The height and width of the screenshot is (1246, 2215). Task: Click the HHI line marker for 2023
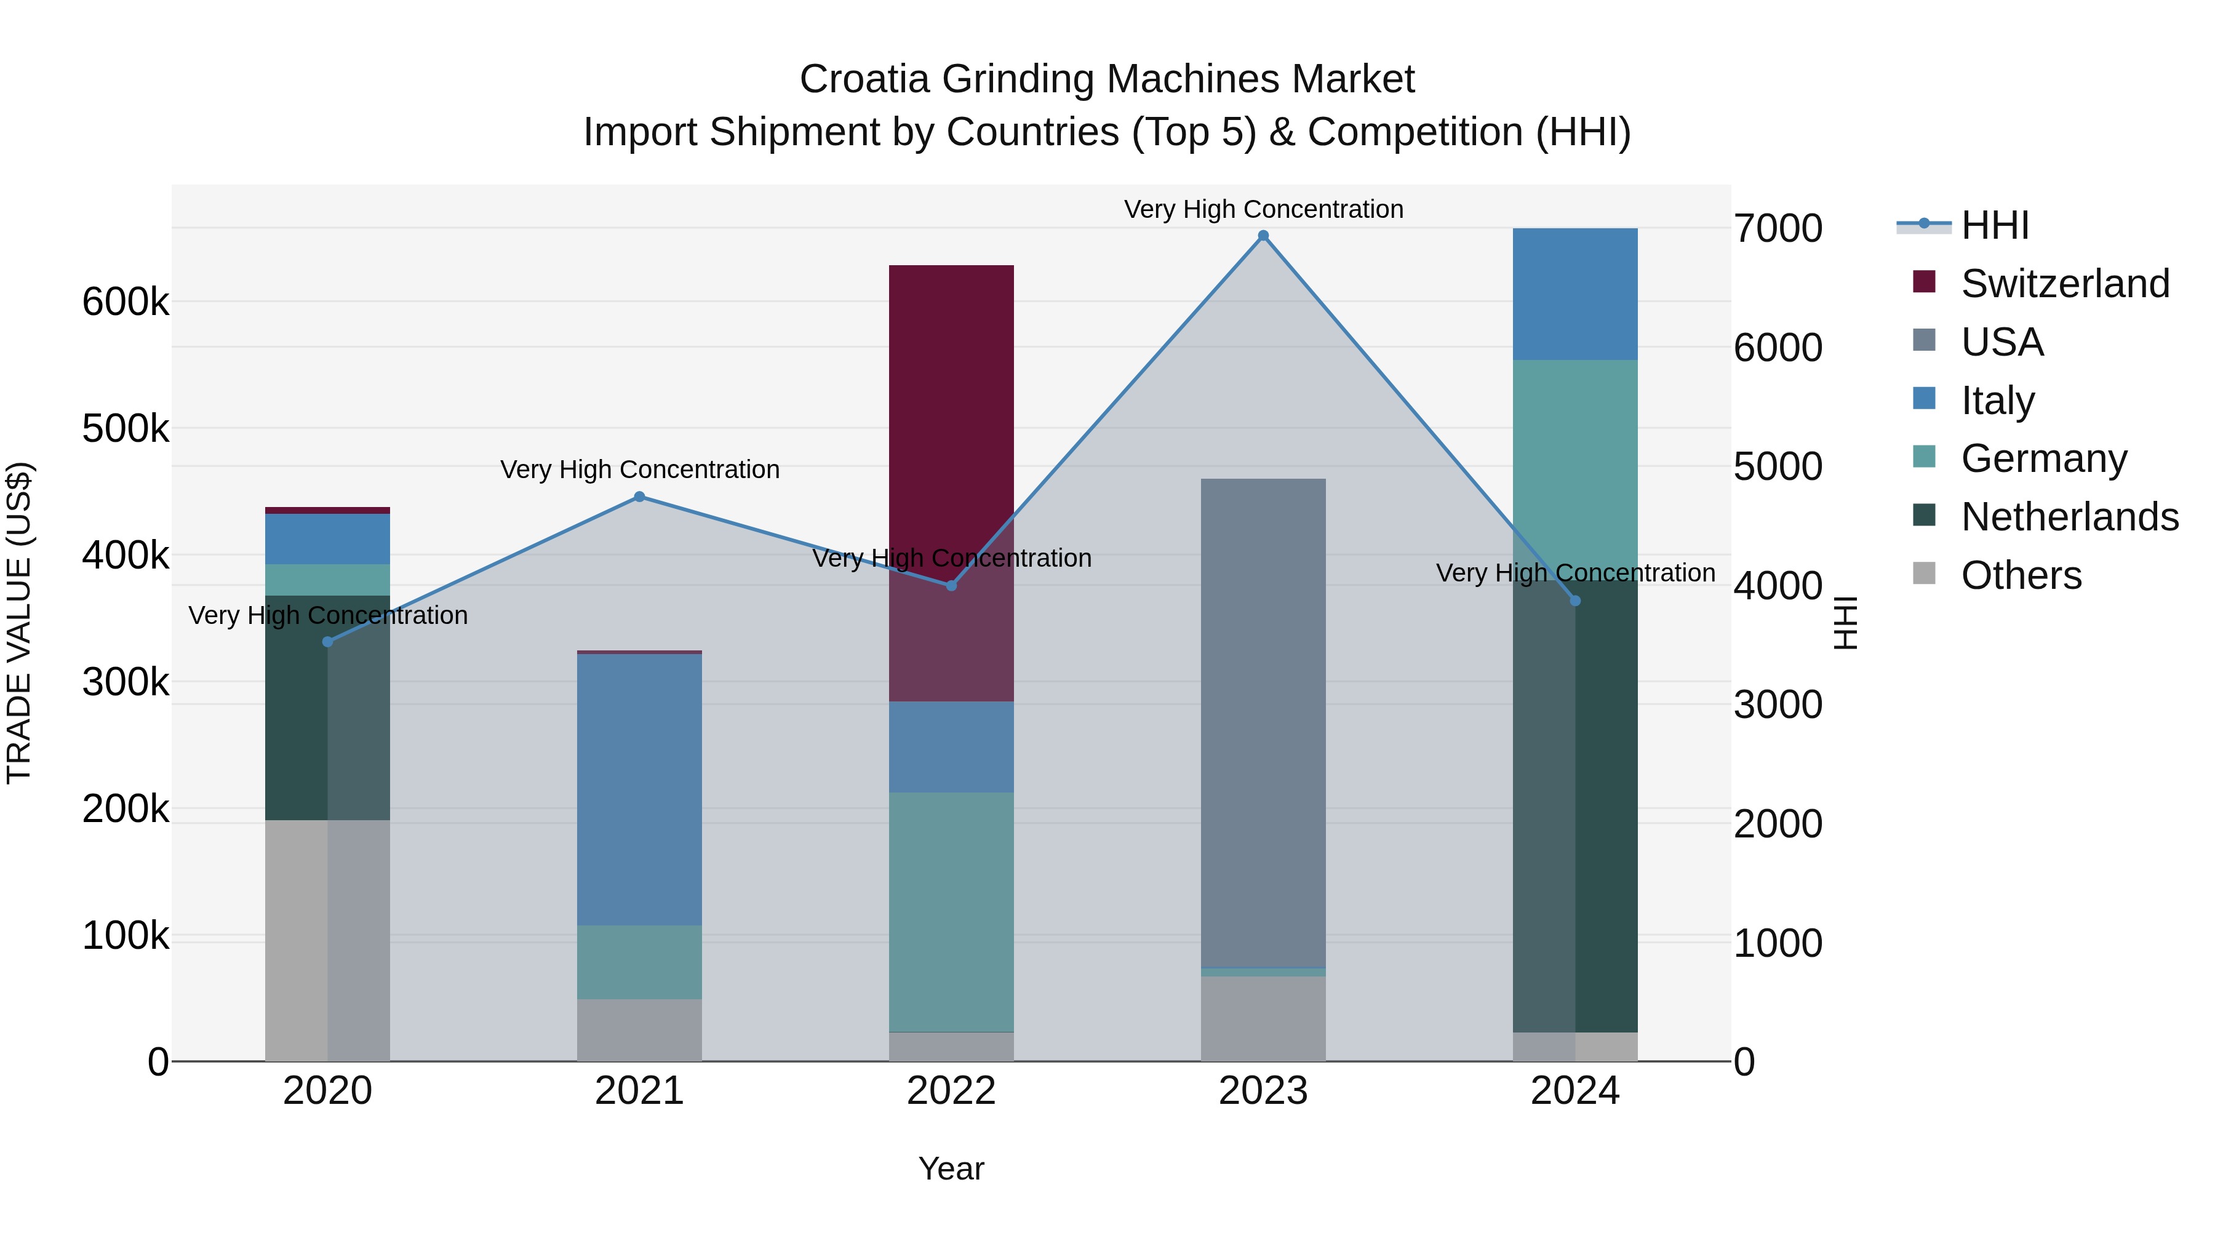[x=1263, y=236]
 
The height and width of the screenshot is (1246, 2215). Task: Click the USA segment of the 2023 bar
[x=1263, y=722]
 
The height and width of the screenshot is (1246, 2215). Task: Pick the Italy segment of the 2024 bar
[x=1574, y=294]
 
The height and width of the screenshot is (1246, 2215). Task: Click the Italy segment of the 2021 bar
[x=639, y=789]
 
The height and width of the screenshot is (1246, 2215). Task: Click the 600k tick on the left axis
[x=126, y=303]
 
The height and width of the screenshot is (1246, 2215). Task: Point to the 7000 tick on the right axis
[x=1778, y=229]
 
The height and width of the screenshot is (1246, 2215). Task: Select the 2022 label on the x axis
[x=951, y=1091]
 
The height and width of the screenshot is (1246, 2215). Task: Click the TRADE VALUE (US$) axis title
[x=20, y=623]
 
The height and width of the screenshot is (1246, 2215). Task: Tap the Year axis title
[x=951, y=1168]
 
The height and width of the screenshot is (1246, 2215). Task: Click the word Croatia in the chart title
[x=864, y=79]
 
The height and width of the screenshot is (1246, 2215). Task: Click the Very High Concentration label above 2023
[x=1263, y=209]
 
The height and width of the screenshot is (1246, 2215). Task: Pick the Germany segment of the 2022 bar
[x=951, y=911]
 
